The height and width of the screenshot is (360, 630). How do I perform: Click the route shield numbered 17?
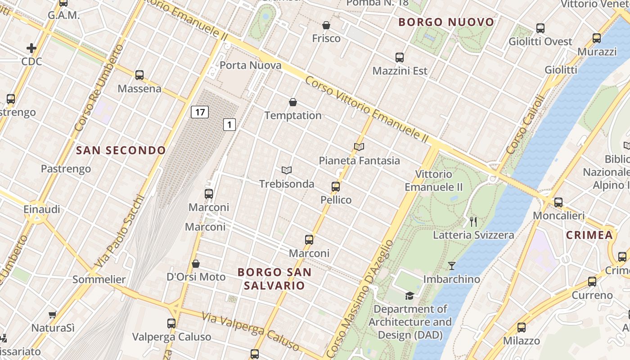tap(199, 112)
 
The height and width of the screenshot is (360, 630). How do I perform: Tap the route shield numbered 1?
tap(229, 124)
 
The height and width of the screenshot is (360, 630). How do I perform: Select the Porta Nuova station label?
tap(250, 65)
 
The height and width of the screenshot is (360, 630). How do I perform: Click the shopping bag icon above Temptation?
tap(293, 102)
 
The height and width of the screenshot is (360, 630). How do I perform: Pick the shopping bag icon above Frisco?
tap(326, 25)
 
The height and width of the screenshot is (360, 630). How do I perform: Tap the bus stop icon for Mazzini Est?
tap(400, 58)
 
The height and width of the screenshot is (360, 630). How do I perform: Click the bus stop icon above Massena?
tap(139, 75)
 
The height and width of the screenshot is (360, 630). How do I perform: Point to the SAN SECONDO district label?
tap(121, 150)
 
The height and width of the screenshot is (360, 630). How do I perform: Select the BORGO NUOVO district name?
tap(446, 22)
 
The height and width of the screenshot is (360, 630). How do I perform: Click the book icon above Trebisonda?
tap(287, 170)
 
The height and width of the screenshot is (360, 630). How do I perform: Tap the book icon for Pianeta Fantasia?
tap(359, 147)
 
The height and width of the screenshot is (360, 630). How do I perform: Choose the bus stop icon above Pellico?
tap(336, 186)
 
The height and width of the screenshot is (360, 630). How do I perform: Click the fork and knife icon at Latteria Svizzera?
tap(473, 221)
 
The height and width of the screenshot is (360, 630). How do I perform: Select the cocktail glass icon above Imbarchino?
tap(452, 266)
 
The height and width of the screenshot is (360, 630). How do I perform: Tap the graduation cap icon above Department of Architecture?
tap(409, 296)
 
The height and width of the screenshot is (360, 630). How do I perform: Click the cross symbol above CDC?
tap(31, 48)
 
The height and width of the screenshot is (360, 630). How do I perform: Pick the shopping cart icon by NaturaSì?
tap(53, 315)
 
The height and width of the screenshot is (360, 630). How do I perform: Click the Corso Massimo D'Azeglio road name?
tap(360, 299)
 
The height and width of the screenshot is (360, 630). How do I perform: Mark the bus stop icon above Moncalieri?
tap(558, 202)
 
